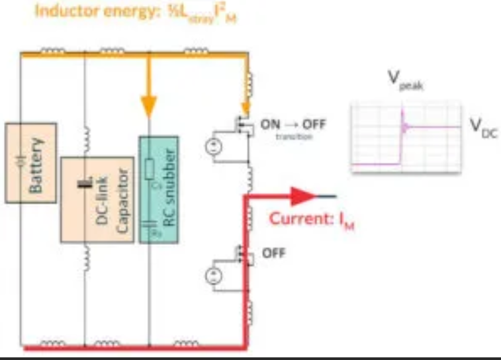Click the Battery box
(x=30, y=162)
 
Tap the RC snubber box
(x=158, y=189)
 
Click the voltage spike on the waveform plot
(x=402, y=119)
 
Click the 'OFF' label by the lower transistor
(x=273, y=253)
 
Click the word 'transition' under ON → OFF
(x=283, y=137)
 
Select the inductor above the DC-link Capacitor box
(x=85, y=139)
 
